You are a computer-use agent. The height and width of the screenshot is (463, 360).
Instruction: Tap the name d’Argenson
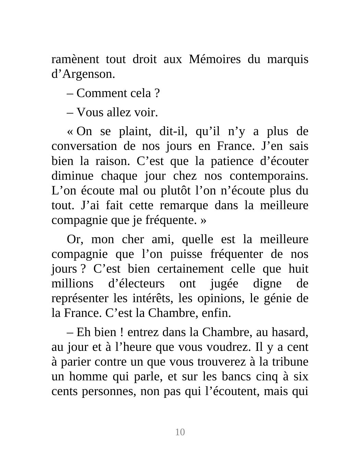(x=83, y=74)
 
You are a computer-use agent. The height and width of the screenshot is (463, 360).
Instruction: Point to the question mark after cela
(x=157, y=93)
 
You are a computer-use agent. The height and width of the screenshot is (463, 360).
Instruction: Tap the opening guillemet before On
(x=70, y=132)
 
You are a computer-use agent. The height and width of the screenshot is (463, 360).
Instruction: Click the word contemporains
(x=269, y=176)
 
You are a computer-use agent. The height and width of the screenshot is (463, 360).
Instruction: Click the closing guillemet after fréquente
(x=203, y=220)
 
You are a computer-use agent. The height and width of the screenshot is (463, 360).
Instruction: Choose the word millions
(x=72, y=284)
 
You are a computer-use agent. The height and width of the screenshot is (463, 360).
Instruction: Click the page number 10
(x=180, y=432)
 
